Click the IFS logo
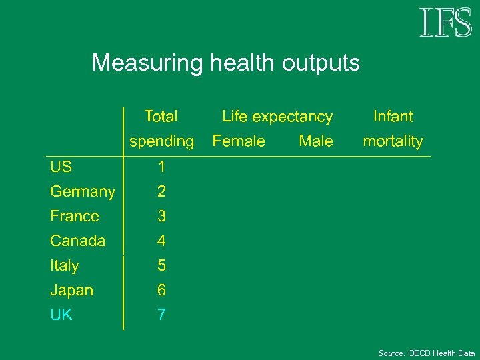(445, 23)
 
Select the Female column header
(239, 141)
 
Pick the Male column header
(316, 141)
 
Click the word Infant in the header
(393, 117)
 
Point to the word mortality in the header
(393, 141)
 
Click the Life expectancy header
(277, 117)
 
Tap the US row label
(61, 167)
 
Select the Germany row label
(83, 192)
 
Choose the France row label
(75, 216)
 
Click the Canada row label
(78, 241)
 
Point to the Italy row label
(65, 265)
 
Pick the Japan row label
(72, 290)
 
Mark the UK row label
(61, 315)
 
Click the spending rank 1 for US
(161, 167)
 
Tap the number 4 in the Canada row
(161, 241)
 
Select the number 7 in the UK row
(161, 315)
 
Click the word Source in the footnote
(391, 353)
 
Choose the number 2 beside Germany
(161, 192)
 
